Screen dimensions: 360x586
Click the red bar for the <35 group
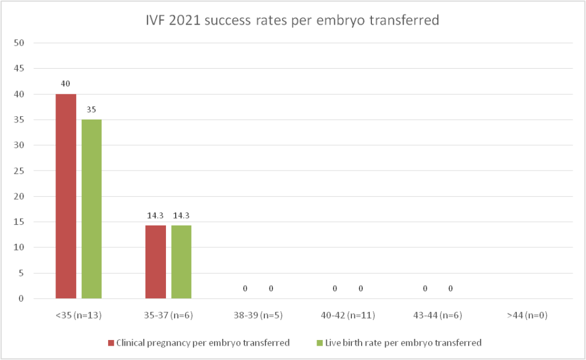point(66,196)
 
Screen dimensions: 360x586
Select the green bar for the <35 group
point(92,209)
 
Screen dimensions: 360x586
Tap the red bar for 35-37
point(156,262)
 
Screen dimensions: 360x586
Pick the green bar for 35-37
point(181,262)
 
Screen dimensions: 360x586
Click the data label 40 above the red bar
point(66,84)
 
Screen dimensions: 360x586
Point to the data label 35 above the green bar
point(92,109)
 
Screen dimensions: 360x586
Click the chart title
point(292,21)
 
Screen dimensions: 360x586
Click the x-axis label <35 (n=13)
point(78,315)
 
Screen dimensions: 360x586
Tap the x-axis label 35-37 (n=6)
point(168,315)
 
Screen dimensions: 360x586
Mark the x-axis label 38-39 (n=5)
point(258,315)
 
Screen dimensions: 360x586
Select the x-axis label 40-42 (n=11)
point(348,315)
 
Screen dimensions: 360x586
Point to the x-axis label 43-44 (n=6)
point(438,315)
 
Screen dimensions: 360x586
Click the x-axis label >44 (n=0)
point(527,315)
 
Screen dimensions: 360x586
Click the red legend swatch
point(111,343)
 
